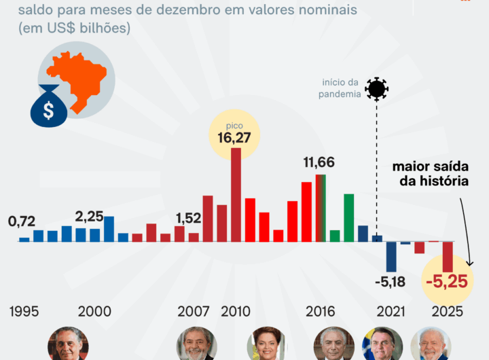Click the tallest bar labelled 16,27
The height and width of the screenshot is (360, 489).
pyautogui.click(x=236, y=194)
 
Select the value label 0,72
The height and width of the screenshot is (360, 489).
pyautogui.click(x=22, y=221)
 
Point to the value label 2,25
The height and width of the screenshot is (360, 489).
pyautogui.click(x=89, y=217)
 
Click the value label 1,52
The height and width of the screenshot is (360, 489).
pyautogui.click(x=188, y=218)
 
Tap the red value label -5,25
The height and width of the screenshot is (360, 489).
pyautogui.click(x=447, y=281)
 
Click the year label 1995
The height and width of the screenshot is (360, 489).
pyautogui.click(x=24, y=312)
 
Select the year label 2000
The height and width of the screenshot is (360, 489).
pyautogui.click(x=94, y=312)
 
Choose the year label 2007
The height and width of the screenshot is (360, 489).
pyautogui.click(x=194, y=312)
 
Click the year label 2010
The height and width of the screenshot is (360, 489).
pyautogui.click(x=235, y=312)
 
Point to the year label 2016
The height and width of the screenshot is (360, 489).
pyautogui.click(x=320, y=312)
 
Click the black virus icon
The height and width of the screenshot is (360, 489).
pyautogui.click(x=376, y=89)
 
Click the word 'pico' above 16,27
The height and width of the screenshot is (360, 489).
pyautogui.click(x=234, y=126)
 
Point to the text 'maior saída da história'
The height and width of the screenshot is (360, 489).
pyautogui.click(x=431, y=174)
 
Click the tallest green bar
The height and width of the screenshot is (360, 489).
pyautogui.click(x=349, y=217)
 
